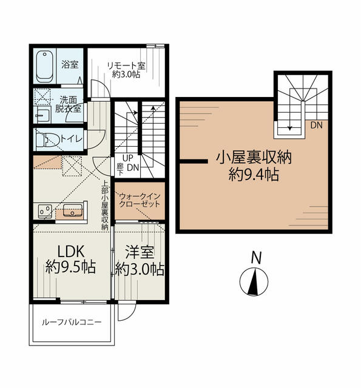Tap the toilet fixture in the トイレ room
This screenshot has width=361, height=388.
coord(47,140)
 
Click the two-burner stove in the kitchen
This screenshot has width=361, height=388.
coord(45,211)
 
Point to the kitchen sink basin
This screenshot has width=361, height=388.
coord(73,210)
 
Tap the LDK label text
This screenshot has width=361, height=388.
coord(71,251)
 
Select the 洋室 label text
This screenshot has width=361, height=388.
coord(140,252)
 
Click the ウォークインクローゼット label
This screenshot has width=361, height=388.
coord(140,200)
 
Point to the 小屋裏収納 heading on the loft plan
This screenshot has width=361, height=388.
coord(254,158)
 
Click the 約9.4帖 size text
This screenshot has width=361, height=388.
coord(254,175)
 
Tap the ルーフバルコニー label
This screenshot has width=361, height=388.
coord(72,322)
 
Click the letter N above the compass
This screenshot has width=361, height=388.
coord(256,258)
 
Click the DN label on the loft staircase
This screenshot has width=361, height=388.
coord(317,125)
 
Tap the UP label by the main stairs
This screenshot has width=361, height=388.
coord(128,158)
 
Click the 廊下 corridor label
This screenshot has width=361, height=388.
coord(120,169)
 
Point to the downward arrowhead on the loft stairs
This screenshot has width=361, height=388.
coord(289,128)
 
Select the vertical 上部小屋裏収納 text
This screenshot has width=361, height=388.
coord(105,206)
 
